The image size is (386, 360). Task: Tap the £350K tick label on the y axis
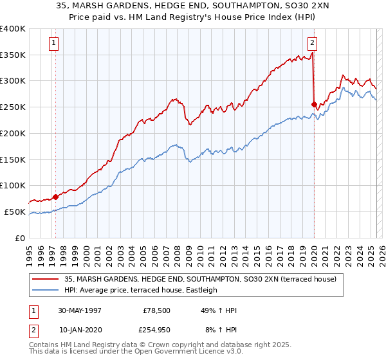13,55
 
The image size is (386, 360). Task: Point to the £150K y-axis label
13,159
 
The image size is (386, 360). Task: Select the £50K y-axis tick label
15,212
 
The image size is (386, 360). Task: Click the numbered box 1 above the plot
53,44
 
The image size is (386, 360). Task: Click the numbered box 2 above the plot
312,44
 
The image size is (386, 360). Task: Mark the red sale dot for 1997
56,197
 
